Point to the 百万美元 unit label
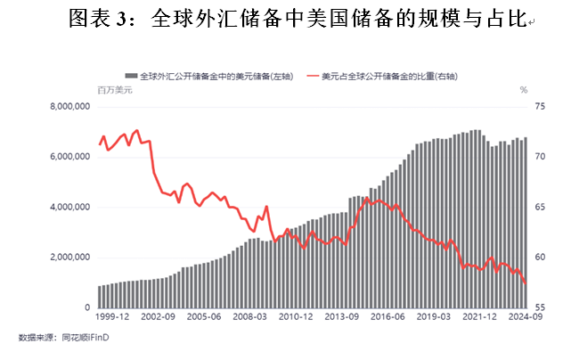tap(113, 90)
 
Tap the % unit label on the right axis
tap(524, 90)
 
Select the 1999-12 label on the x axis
tap(113, 316)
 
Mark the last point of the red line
tap(526, 284)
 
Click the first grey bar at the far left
tap(100, 297)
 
